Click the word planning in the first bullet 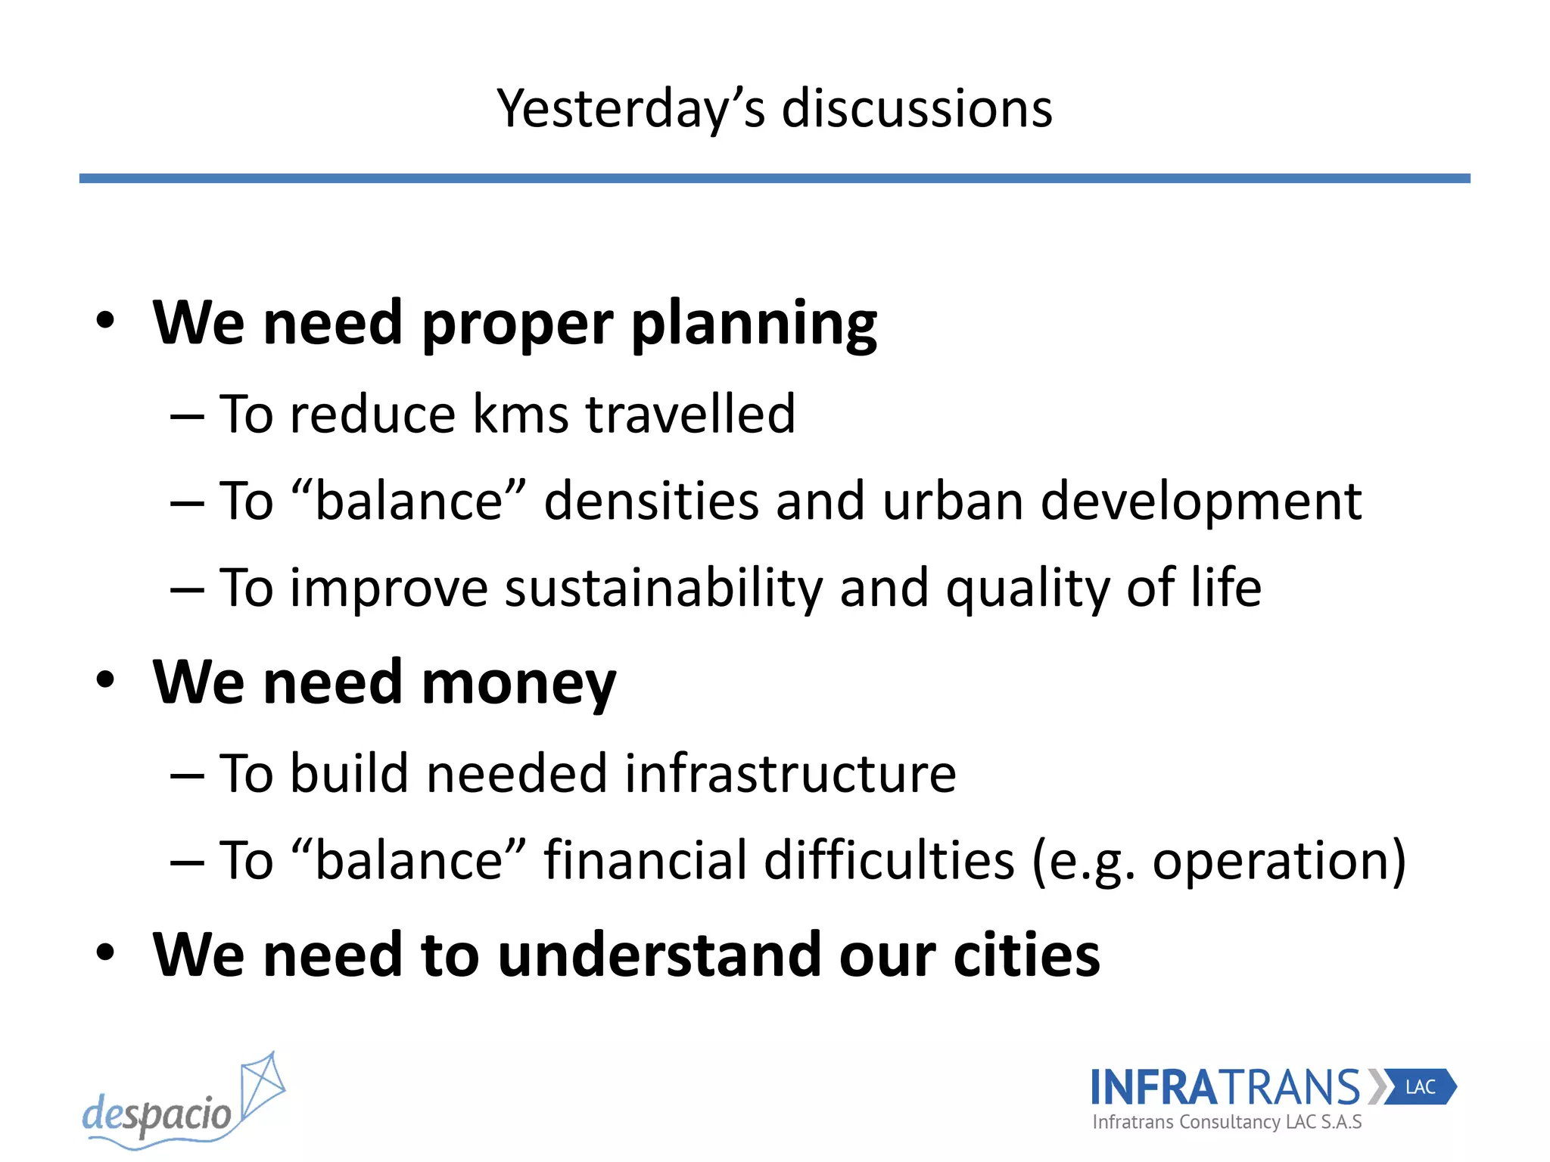(x=754, y=325)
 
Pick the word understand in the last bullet (x=659, y=955)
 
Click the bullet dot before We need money (x=105, y=680)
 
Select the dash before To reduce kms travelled (x=187, y=417)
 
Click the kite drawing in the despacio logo (x=262, y=1089)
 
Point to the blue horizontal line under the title (x=774, y=179)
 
